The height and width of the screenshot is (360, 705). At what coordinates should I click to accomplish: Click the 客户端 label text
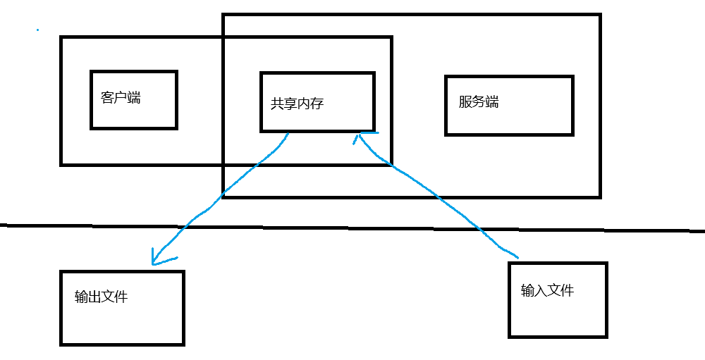(121, 98)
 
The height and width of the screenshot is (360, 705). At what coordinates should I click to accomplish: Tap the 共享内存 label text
(297, 103)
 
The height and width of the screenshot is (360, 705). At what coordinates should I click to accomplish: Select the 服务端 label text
(479, 101)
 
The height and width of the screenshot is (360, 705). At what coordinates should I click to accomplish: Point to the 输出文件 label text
(101, 297)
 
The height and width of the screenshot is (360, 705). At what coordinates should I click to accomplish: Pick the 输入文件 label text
(547, 290)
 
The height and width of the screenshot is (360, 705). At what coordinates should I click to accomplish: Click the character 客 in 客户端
(107, 98)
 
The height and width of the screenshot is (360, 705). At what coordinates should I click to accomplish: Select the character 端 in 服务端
(492, 101)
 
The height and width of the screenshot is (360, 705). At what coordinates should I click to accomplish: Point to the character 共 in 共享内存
(277, 103)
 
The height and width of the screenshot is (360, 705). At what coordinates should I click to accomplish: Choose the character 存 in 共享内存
(317, 103)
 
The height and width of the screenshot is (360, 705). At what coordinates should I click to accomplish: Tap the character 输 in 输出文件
(81, 297)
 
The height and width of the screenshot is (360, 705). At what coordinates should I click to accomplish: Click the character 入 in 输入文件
(541, 290)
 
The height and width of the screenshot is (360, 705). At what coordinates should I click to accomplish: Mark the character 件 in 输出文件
(121, 297)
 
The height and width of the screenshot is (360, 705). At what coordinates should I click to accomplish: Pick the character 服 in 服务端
(465, 101)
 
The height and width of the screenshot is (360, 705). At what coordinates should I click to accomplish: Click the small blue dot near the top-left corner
(37, 30)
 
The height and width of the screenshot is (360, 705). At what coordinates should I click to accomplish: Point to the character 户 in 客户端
(121, 98)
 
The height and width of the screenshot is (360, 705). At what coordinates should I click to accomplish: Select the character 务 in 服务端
(479, 101)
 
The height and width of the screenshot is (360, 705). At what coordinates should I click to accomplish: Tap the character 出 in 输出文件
(94, 297)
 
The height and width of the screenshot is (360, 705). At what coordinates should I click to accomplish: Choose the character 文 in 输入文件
(554, 290)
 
